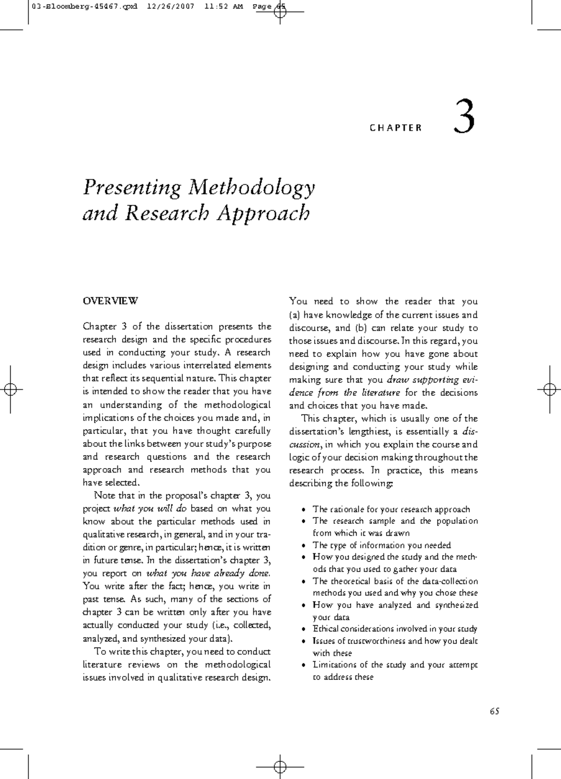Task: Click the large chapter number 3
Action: coord(464,118)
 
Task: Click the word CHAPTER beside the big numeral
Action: coord(396,128)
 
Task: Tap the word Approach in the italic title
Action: coord(263,214)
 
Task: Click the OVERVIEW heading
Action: coord(110,301)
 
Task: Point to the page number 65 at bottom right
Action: coord(495,711)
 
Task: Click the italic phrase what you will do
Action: coord(150,509)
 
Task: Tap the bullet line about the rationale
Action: coord(391,509)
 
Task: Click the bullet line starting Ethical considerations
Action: coord(395,629)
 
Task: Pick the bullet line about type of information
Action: coord(381,545)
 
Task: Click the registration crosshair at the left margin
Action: coord(13,389)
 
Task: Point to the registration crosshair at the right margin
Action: coord(547,389)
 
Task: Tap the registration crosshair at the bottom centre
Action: coord(280,766)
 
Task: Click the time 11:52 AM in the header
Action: coord(223,7)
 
